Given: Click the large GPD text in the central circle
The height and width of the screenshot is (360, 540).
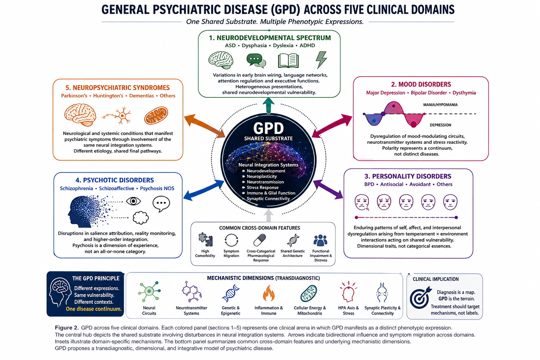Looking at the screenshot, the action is point(268,128).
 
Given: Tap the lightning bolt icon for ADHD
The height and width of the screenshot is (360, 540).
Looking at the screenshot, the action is point(321,60).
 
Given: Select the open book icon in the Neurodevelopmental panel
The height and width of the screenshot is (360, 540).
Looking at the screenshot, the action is point(288,60).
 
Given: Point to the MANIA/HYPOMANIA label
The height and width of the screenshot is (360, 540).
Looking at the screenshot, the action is point(440,105).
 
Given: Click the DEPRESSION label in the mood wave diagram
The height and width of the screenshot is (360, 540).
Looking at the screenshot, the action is point(440,125).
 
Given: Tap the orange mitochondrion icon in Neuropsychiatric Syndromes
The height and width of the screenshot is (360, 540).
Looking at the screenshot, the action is point(156,115).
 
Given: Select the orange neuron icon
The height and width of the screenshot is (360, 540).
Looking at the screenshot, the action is point(117,116).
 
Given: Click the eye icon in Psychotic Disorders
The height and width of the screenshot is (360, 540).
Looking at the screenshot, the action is point(133,201).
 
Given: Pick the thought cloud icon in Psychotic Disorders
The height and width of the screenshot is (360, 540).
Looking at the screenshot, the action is point(141,218).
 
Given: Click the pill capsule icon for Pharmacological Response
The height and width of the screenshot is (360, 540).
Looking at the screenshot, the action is point(260,240).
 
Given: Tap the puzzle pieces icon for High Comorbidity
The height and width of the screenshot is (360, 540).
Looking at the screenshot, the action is point(206,240).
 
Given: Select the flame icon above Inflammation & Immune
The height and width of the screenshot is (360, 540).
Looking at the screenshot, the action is point(268,293).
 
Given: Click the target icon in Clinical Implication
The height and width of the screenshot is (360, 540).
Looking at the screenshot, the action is point(420,297).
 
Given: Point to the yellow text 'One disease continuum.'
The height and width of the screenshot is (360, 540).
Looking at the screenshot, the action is point(94,309).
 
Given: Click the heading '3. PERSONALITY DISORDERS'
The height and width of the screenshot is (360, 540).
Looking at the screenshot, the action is point(408,176).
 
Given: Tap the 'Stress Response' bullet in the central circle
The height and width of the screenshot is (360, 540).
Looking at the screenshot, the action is point(262,187).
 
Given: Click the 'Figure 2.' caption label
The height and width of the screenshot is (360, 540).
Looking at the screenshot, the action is point(67,328).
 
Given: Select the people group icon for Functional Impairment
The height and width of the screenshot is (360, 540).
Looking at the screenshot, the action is point(320,240).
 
